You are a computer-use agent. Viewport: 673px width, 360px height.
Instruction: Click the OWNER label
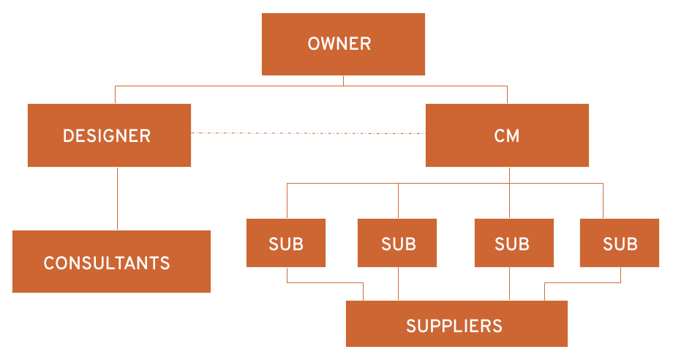[339, 44]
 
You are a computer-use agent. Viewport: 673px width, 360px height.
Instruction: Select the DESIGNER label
[107, 136]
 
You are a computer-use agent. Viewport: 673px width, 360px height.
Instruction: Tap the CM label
[507, 136]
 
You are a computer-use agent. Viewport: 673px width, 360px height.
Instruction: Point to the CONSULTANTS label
[107, 263]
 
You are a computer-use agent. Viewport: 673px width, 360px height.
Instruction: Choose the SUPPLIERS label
[454, 326]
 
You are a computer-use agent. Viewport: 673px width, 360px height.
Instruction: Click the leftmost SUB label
[286, 244]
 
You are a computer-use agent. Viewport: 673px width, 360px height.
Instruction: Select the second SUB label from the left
[399, 244]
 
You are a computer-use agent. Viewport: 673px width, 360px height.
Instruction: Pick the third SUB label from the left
[512, 244]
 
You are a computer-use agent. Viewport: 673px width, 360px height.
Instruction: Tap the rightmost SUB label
[620, 244]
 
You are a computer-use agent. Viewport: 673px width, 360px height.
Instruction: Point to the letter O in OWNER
[314, 44]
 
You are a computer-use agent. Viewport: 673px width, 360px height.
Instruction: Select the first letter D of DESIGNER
[68, 136]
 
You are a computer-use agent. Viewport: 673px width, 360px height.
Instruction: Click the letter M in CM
[514, 136]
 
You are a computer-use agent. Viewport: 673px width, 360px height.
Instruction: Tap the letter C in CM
[500, 136]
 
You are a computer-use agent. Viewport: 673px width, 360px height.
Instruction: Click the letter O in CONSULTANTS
[61, 263]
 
